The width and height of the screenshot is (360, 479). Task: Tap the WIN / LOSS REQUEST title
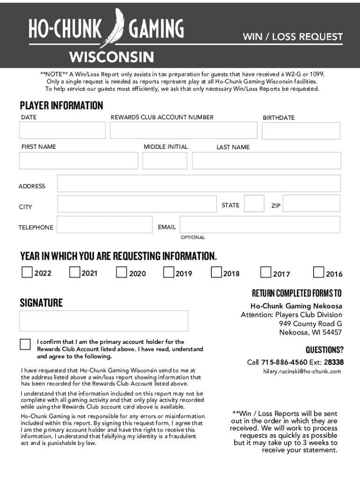(x=292, y=36)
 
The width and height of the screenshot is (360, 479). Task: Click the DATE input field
(x=62, y=131)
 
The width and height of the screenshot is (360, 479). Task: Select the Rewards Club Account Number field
(x=183, y=131)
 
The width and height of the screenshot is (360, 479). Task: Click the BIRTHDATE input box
(x=301, y=131)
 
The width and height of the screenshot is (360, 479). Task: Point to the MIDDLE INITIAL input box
(x=165, y=161)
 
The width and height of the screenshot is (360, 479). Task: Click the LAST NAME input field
(x=266, y=161)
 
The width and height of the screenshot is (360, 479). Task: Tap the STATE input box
(x=254, y=204)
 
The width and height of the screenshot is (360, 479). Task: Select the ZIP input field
(x=311, y=204)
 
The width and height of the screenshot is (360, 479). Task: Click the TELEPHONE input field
(x=104, y=225)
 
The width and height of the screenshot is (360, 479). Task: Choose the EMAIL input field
(x=260, y=225)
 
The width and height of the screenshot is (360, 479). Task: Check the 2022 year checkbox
(x=27, y=272)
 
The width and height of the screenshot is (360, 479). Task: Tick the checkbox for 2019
(x=169, y=272)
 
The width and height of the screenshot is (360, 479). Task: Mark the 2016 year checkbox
(x=319, y=272)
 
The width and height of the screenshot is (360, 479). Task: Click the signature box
(x=103, y=321)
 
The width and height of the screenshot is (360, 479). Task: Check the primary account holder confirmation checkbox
(x=25, y=344)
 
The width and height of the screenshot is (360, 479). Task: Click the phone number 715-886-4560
(x=284, y=362)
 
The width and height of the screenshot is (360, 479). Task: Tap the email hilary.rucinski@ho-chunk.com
(x=301, y=371)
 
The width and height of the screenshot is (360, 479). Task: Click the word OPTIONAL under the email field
(x=193, y=238)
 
